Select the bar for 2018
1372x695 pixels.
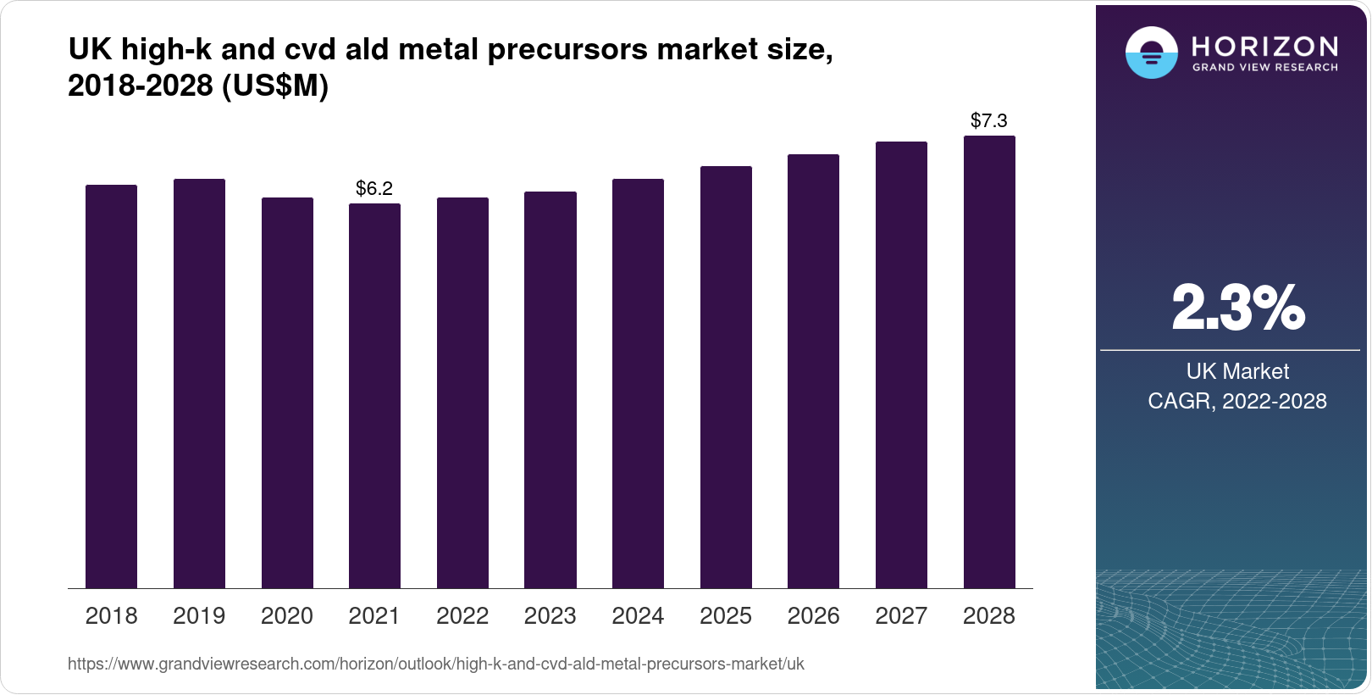pyautogui.click(x=111, y=386)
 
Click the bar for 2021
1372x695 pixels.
pyautogui.click(x=374, y=396)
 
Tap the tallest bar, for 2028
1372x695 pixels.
pyautogui.click(x=989, y=362)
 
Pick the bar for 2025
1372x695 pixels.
pyautogui.click(x=726, y=377)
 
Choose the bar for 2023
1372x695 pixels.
pyautogui.click(x=550, y=390)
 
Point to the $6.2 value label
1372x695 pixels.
pyautogui.click(x=374, y=188)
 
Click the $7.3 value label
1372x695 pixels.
pyautogui.click(x=989, y=120)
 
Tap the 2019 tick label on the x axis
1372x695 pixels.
pyautogui.click(x=199, y=615)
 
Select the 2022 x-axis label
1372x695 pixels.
pyautogui.click(x=462, y=615)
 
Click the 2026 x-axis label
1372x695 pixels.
pyautogui.click(x=813, y=615)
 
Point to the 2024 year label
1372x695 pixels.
pyautogui.click(x=638, y=615)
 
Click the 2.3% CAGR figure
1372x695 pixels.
pyautogui.click(x=1237, y=308)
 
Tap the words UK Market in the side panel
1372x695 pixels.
pyautogui.click(x=1237, y=371)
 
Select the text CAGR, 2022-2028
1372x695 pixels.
pyautogui.click(x=1237, y=401)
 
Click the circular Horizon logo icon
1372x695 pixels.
pyautogui.click(x=1151, y=53)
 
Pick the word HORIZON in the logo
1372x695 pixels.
pyautogui.click(x=1265, y=46)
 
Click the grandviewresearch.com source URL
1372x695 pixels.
pyautogui.click(x=436, y=664)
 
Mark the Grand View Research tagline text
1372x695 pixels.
pyautogui.click(x=1265, y=67)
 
